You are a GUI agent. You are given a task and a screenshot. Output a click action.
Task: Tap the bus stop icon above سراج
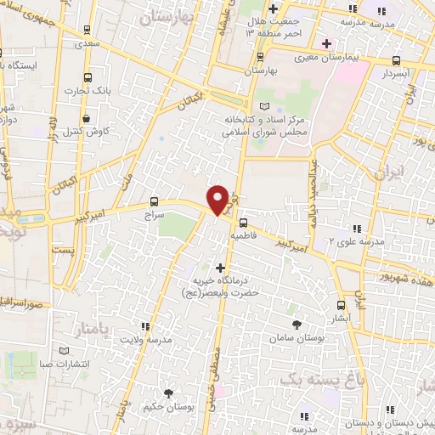point(154,201)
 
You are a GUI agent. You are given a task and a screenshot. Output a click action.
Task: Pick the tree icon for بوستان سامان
point(296,325)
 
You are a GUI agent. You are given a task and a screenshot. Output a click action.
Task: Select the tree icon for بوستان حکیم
point(168,392)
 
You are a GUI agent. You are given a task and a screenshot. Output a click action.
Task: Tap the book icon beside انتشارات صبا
point(64,350)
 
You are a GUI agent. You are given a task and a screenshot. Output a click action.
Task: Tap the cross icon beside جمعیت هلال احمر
point(273,9)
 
